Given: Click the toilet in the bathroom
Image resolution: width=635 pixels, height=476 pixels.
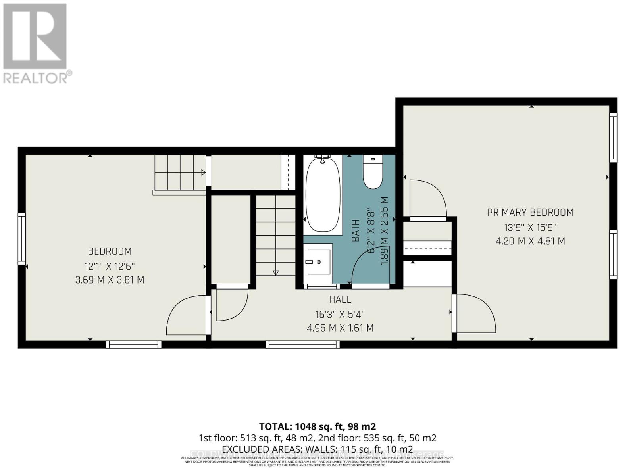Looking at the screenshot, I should click(x=373, y=173).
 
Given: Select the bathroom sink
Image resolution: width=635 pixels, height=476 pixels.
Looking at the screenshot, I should click(x=318, y=262).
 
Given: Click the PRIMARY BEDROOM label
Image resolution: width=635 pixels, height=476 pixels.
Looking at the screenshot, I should click(x=530, y=213).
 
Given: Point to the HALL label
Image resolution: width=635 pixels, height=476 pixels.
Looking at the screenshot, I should click(x=340, y=299).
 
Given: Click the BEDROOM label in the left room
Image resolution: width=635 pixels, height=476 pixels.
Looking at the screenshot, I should click(x=110, y=251).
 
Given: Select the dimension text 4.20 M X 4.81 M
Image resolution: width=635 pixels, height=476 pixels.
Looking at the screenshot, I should click(x=530, y=241).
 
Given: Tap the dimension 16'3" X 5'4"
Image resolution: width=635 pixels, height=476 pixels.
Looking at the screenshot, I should click(x=340, y=315).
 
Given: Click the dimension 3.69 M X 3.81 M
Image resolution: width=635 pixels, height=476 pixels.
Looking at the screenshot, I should click(x=110, y=280).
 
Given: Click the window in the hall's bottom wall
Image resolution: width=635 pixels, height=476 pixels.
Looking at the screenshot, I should click(x=302, y=344).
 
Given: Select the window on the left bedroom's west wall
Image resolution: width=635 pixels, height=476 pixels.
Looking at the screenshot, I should click(x=22, y=239).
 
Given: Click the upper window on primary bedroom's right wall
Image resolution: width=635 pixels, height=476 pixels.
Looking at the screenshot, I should click(x=613, y=137).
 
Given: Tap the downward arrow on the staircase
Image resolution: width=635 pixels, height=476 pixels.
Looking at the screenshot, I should click(x=275, y=273).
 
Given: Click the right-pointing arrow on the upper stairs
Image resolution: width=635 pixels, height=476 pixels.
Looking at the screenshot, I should click(x=203, y=172).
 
